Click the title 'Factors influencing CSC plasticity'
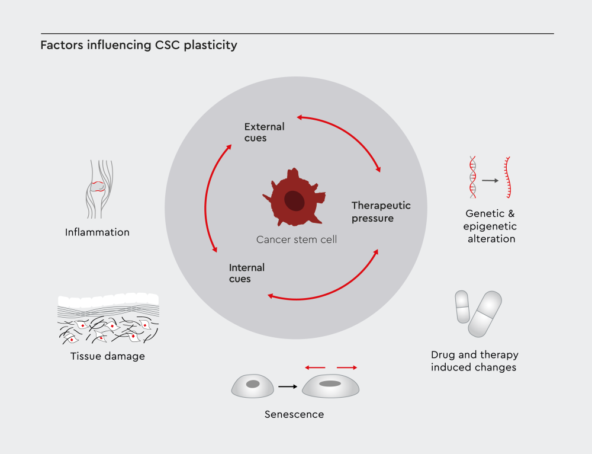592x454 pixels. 139,46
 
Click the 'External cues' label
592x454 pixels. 264,132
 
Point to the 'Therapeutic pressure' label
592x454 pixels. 381,212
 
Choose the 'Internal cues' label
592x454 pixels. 246,273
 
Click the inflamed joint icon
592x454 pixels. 98,188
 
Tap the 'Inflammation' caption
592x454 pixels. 97,232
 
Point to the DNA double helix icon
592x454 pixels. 472,177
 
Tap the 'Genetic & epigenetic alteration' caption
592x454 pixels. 491,227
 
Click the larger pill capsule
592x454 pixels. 485,314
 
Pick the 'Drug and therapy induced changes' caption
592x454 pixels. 474,361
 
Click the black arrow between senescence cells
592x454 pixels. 288,386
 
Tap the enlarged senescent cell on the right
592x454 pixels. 330,386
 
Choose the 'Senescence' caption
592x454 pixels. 294,414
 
